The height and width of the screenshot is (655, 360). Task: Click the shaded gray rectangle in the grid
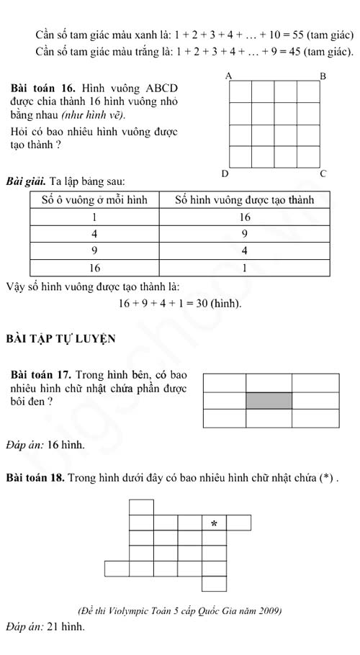[269, 401]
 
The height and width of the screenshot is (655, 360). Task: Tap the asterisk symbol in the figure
[214, 523]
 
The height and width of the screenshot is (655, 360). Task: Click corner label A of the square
[229, 76]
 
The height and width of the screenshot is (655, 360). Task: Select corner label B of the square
[323, 76]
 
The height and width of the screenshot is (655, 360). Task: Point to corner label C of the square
[323, 173]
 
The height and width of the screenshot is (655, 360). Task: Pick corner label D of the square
[225, 173]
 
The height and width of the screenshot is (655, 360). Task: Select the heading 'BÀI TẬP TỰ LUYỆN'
[61, 338]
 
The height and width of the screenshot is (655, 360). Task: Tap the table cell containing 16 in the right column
[243, 217]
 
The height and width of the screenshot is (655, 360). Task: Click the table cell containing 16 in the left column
[94, 268]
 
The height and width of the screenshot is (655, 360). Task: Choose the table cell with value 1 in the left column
[94, 217]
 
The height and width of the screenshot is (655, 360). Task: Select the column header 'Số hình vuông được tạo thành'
[243, 199]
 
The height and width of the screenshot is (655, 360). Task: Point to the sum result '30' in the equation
[202, 303]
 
